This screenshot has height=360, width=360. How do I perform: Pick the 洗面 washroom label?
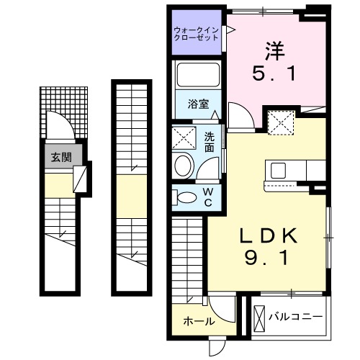point(210,142)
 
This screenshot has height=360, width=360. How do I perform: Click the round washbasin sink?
point(184,163)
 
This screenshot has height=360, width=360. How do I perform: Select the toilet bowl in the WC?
point(186,197)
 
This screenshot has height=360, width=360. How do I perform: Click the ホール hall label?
point(197,321)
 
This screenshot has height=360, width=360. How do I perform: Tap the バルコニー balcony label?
point(295,316)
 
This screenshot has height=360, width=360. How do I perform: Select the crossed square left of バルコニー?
point(260,316)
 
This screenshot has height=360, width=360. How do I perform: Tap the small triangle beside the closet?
point(232,29)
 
